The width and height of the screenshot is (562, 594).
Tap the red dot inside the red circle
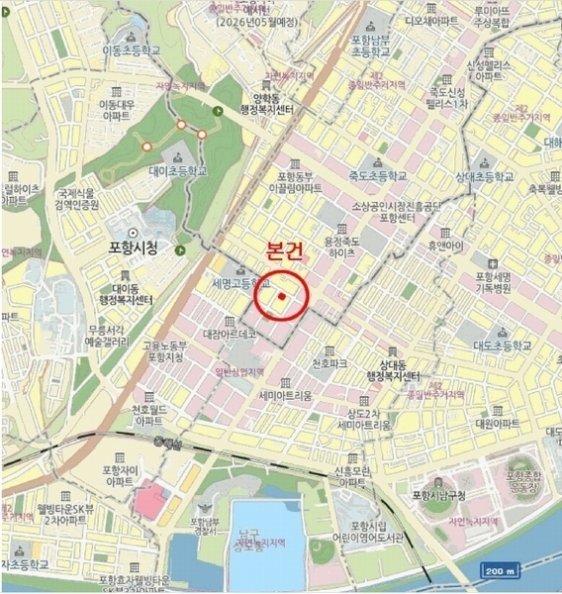(282, 296)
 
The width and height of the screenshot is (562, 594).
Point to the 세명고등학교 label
(241, 283)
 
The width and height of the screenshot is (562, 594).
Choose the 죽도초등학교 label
(376, 176)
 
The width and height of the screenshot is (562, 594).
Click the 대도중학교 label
(503, 346)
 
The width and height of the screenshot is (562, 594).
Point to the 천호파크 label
(329, 363)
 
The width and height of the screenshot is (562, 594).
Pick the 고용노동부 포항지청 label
(164, 350)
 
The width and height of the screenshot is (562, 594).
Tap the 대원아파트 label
(497, 422)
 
